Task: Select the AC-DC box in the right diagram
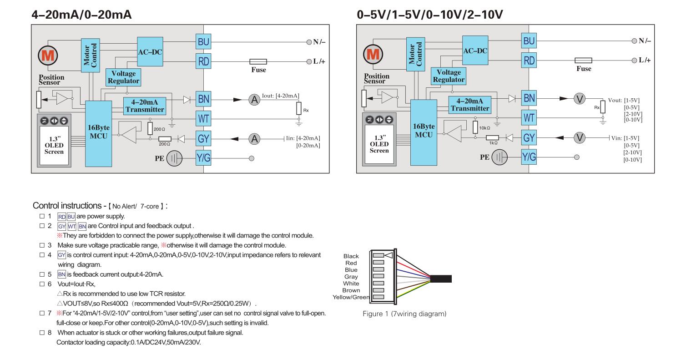pyautogui.click(x=475, y=51)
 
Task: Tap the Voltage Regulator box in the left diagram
pyautogui.click(x=123, y=77)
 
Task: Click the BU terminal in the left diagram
pyautogui.click(x=203, y=41)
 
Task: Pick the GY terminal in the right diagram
pyautogui.click(x=529, y=138)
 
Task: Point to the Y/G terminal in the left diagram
pyautogui.click(x=203, y=158)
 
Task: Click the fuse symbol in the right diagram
pyautogui.click(x=583, y=61)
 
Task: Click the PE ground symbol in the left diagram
pyautogui.click(x=175, y=158)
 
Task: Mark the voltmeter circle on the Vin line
pyautogui.click(x=579, y=138)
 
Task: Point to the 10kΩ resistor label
pyautogui.click(x=484, y=127)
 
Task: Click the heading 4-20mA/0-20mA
pyautogui.click(x=81, y=15)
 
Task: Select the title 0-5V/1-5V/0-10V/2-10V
pyautogui.click(x=429, y=15)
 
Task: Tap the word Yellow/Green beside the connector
pyautogui.click(x=351, y=297)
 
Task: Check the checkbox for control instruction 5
pyautogui.click(x=42, y=274)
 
